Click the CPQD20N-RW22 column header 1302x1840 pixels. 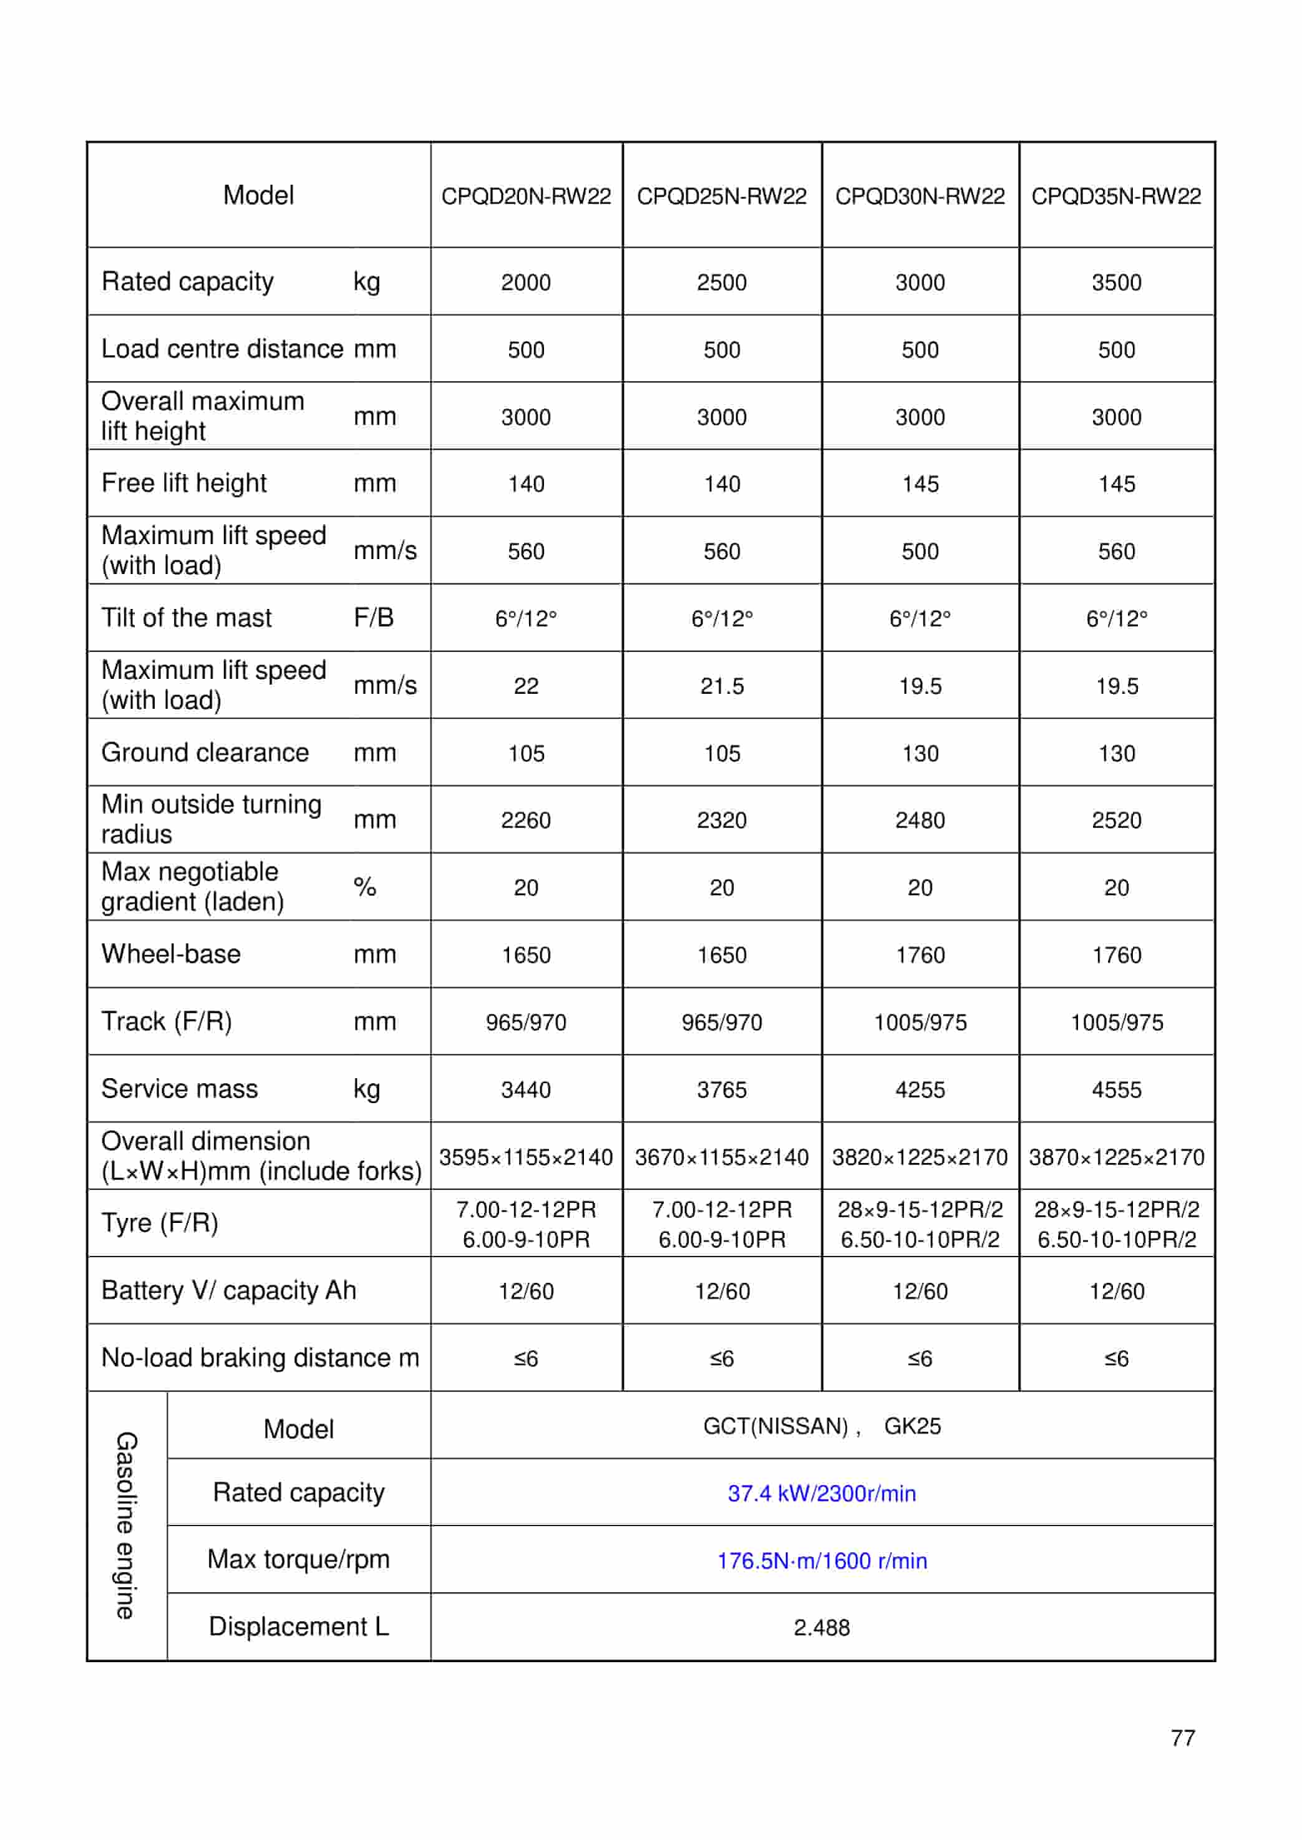click(526, 197)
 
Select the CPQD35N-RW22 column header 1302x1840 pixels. click(1116, 197)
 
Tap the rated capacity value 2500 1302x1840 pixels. click(722, 282)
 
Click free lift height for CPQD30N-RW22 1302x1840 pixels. click(920, 484)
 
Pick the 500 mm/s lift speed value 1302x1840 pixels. click(920, 552)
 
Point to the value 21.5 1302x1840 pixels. click(722, 686)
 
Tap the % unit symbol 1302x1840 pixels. click(365, 887)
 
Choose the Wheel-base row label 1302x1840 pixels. click(171, 954)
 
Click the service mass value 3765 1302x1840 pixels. click(722, 1089)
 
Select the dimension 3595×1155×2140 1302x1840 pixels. click(526, 1157)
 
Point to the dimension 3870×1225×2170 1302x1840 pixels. click(1116, 1157)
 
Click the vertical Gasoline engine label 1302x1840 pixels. click(126, 1525)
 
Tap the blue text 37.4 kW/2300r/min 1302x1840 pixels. click(822, 1494)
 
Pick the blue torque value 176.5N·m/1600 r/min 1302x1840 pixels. click(822, 1561)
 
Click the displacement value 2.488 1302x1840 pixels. click(822, 1627)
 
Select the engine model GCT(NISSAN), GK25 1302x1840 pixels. click(822, 1426)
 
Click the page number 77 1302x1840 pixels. click(1183, 1738)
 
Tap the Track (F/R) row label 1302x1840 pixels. click(167, 1021)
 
